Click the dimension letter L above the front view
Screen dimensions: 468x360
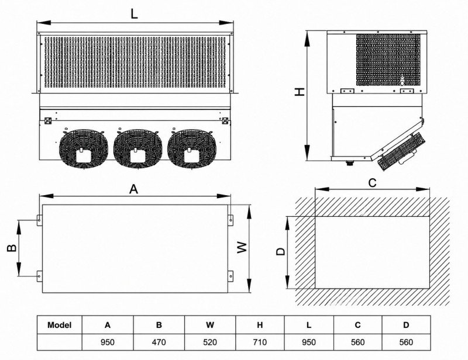[135, 13]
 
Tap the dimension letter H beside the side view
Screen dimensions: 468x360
[300, 92]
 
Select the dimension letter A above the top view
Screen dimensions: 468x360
[134, 189]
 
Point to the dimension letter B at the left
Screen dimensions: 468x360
[11, 248]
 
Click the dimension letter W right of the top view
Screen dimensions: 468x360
[242, 247]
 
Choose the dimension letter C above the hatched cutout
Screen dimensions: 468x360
[373, 182]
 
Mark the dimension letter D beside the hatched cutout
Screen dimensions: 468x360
[281, 251]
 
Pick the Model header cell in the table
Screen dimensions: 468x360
[60, 325]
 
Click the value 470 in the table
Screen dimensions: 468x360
[159, 342]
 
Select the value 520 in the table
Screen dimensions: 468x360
[210, 342]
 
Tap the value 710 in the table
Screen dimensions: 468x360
[260, 342]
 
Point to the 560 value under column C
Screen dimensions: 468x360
[357, 342]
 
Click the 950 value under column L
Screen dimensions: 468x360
[309, 342]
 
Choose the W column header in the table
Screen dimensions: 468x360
[210, 325]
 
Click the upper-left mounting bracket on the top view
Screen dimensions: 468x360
[39, 220]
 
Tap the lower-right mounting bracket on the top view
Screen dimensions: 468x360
[230, 276]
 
